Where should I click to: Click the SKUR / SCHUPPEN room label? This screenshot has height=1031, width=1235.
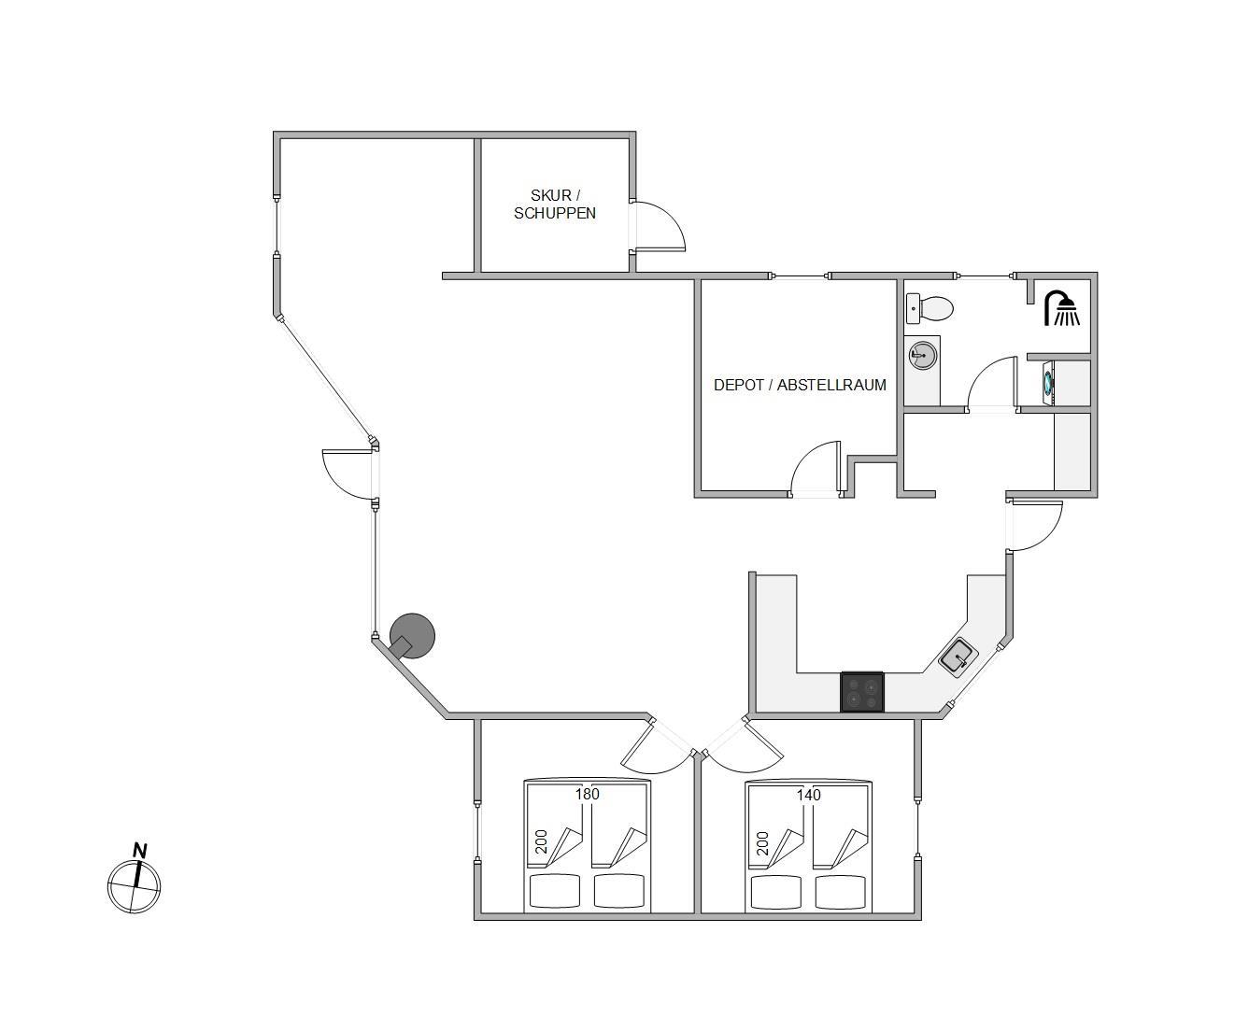(x=555, y=204)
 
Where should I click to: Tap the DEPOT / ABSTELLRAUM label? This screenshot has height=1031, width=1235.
(x=800, y=385)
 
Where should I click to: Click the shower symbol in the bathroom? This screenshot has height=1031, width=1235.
(x=1061, y=307)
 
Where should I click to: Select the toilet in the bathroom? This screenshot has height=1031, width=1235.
(x=930, y=308)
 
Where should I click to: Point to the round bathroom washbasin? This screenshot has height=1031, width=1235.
(x=922, y=355)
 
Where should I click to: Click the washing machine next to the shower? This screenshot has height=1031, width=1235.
(x=1049, y=383)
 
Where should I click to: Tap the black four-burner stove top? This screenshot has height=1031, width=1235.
(x=862, y=692)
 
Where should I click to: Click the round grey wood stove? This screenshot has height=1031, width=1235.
(x=412, y=636)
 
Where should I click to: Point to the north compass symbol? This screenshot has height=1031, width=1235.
(x=135, y=885)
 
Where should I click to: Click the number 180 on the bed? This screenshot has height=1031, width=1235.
(x=588, y=794)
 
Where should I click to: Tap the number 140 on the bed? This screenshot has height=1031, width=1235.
(x=808, y=795)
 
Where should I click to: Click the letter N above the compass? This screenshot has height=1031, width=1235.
(x=139, y=851)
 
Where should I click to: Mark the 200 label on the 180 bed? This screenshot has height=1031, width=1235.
(x=541, y=841)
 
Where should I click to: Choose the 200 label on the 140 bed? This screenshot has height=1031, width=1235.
(x=762, y=843)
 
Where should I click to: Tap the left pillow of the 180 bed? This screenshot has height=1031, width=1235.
(x=555, y=891)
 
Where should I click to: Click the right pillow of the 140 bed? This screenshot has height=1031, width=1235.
(x=841, y=892)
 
